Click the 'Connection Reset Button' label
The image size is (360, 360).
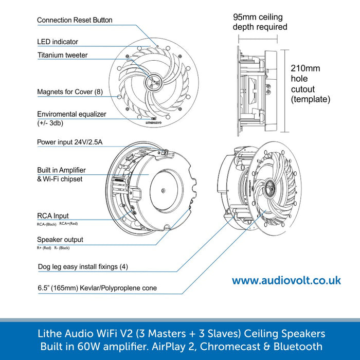click(75, 21)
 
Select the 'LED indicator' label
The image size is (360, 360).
click(58, 42)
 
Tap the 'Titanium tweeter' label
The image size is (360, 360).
click(62, 55)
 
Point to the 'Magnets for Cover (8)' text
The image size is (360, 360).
click(70, 92)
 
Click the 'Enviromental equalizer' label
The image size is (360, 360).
click(71, 114)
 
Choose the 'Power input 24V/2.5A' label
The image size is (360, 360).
click(69, 142)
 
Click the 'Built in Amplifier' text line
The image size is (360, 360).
click(61, 170)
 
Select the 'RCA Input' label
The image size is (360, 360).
click(52, 216)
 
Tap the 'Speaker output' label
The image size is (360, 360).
click(60, 240)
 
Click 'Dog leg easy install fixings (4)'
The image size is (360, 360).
click(83, 266)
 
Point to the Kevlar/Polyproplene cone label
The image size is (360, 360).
click(97, 288)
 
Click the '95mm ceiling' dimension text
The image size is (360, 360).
click(259, 17)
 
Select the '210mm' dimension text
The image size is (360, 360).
click(305, 68)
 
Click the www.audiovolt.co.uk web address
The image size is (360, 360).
click(286, 281)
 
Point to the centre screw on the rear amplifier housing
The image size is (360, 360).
click(164, 190)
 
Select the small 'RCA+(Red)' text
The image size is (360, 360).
click(68, 224)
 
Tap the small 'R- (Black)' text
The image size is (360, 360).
click(62, 248)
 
